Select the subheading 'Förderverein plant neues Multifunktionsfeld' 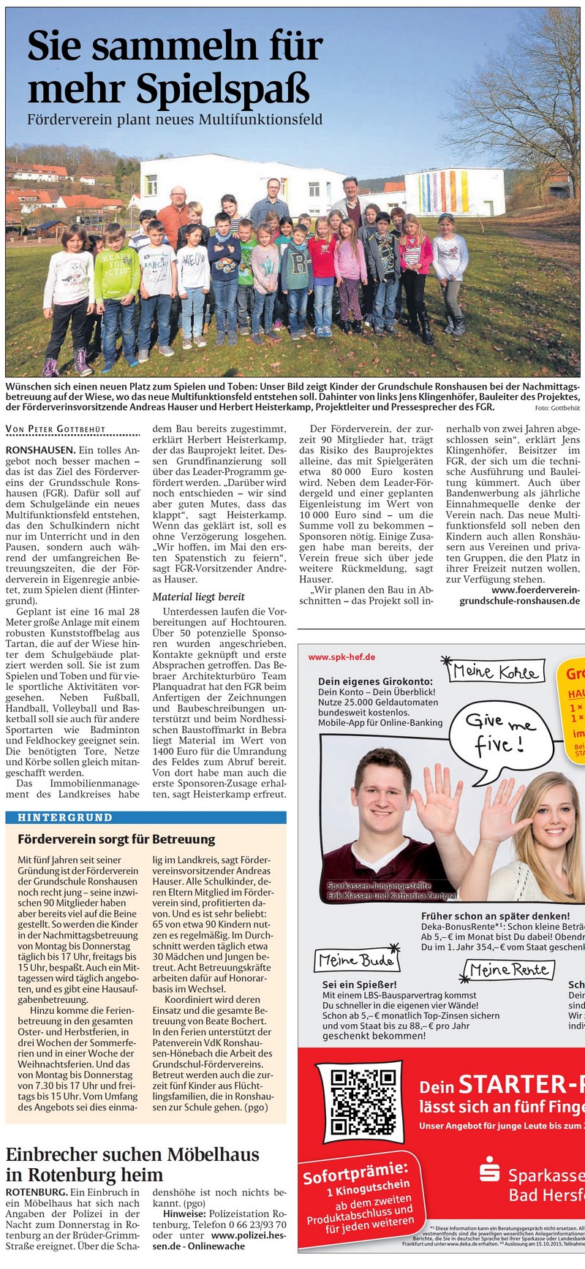pos(174,119)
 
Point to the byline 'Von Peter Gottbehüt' pos(56,429)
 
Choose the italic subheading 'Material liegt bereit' pos(198,596)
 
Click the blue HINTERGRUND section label pos(65,817)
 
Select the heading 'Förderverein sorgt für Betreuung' pos(116,839)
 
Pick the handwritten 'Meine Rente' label pos(510,970)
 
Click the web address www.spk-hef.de pos(341,656)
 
